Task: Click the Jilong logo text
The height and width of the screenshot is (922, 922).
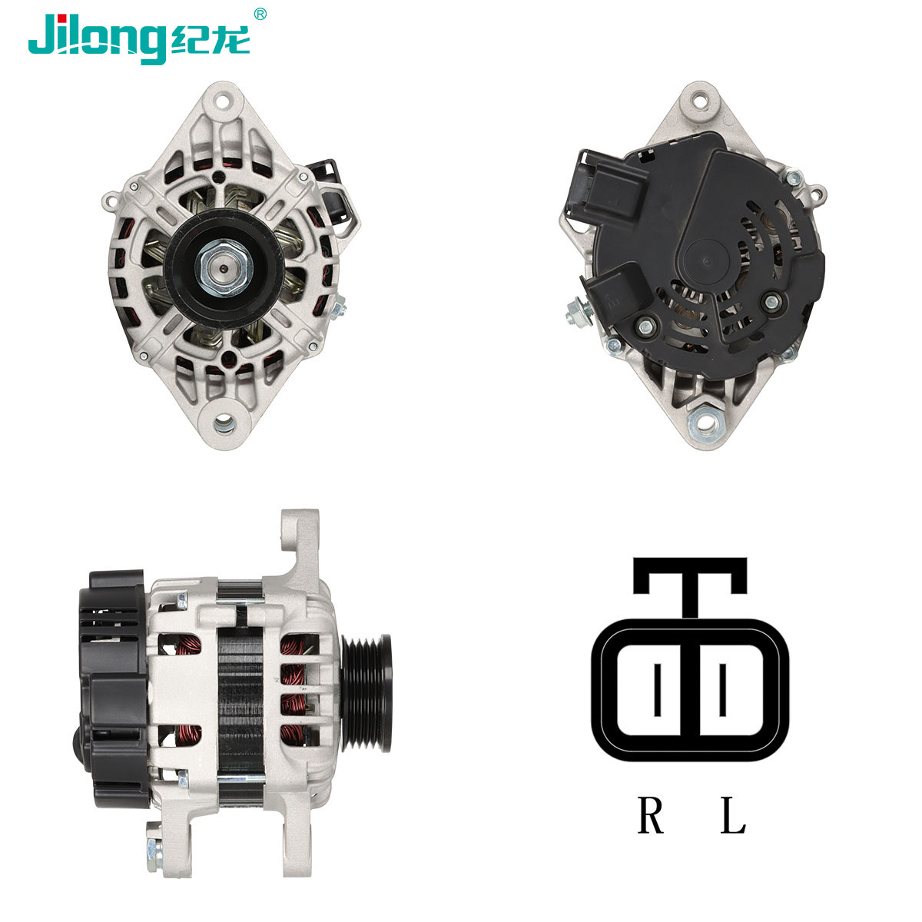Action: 96,37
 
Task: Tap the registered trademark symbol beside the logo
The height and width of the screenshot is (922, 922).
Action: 260,13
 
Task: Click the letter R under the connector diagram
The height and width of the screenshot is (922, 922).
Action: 650,816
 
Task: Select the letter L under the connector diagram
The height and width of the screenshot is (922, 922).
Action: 733,816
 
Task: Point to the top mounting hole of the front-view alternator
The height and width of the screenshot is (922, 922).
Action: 224,100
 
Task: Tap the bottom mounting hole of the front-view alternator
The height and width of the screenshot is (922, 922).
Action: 224,422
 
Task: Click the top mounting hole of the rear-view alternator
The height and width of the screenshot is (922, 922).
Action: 700,100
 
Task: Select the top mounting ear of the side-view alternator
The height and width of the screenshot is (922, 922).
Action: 300,538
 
